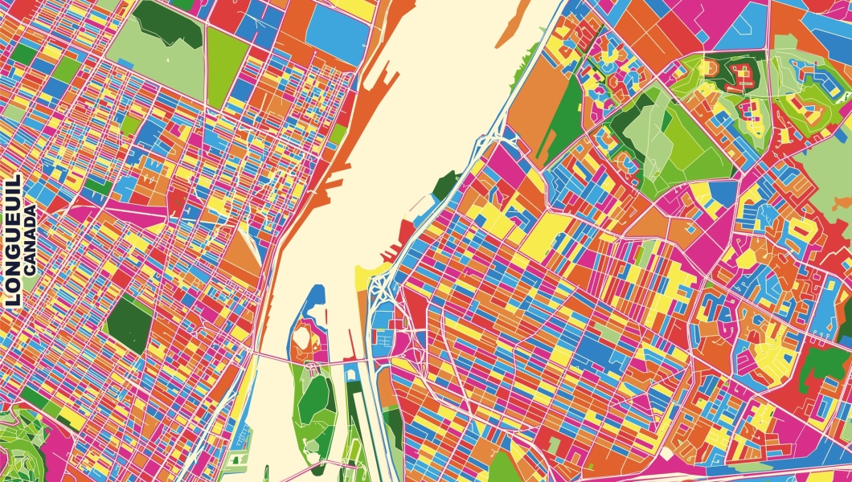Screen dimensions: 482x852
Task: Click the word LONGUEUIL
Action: [12, 241]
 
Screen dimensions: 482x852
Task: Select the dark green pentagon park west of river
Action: [129, 324]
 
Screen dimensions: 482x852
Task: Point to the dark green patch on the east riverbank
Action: [444, 185]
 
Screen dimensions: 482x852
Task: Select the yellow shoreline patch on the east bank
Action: [366, 277]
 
